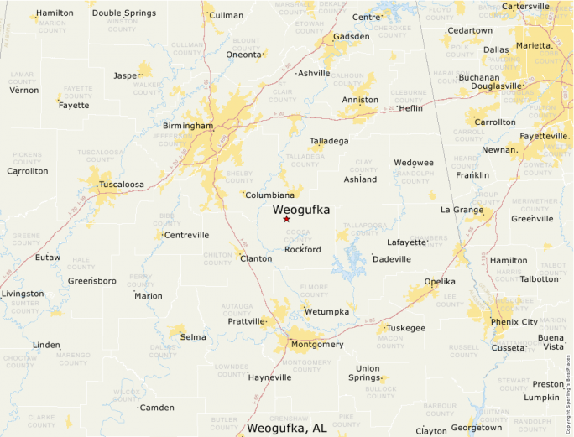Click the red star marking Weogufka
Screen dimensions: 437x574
pyautogui.click(x=286, y=219)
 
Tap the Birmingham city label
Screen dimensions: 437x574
pyautogui.click(x=188, y=126)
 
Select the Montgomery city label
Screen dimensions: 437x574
pyautogui.click(x=316, y=345)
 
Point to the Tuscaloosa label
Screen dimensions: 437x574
pyautogui.click(x=122, y=184)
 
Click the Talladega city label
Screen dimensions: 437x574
pyautogui.click(x=329, y=141)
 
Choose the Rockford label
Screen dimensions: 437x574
pyautogui.click(x=302, y=250)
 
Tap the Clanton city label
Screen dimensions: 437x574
pyautogui.click(x=256, y=258)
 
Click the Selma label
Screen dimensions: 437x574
pyautogui.click(x=193, y=337)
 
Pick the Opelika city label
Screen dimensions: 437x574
pyautogui.click(x=440, y=281)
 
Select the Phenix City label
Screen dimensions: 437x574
pyautogui.click(x=514, y=322)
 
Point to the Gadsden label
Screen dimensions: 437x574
pyautogui.click(x=351, y=37)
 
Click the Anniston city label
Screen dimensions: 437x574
pyautogui.click(x=360, y=100)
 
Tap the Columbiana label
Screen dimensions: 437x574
pyautogui.click(x=269, y=195)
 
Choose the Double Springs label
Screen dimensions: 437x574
pyautogui.click(x=123, y=13)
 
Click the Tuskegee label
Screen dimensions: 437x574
pyautogui.click(x=406, y=328)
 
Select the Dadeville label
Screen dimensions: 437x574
pyautogui.click(x=392, y=259)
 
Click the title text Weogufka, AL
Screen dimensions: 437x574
pyautogui.click(x=287, y=429)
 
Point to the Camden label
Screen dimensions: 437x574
pyautogui.click(x=157, y=408)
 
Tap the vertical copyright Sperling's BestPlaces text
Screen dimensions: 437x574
pyautogui.click(x=568, y=386)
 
